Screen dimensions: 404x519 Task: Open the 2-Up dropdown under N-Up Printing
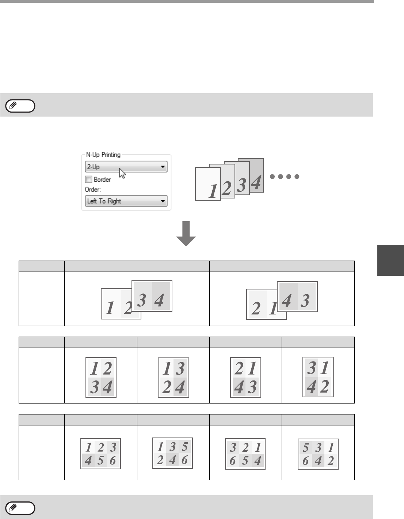(126, 167)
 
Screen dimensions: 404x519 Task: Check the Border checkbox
(88, 179)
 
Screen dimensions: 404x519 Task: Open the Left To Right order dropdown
(126, 201)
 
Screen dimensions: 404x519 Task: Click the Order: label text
(93, 190)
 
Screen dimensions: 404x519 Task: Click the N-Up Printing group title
(103, 155)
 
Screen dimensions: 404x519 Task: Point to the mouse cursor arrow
(122, 173)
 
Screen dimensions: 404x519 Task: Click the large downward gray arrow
(186, 234)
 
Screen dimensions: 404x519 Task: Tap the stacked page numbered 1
(208, 184)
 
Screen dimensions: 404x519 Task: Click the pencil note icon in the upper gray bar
(20, 106)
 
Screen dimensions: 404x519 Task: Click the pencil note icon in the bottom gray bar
(20, 508)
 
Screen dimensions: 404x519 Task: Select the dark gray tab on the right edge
(390, 260)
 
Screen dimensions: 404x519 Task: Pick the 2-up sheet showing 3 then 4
(152, 296)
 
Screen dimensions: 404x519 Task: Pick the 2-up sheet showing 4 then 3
(297, 297)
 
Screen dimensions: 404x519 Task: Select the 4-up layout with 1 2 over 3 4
(101, 378)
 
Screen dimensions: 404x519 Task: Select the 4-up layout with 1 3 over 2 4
(174, 378)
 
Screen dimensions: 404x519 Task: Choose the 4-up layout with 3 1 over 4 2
(318, 377)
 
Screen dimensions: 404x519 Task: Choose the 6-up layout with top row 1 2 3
(101, 454)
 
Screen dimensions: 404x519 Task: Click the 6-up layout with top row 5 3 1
(318, 454)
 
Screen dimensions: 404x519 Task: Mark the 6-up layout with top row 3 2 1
(245, 454)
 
